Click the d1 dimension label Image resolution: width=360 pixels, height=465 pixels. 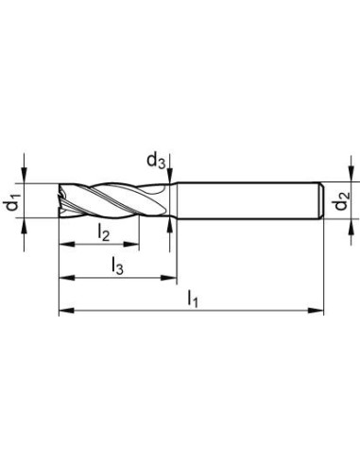[12, 201]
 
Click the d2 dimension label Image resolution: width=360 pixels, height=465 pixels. [342, 201]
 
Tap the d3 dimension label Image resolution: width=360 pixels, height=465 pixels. [156, 161]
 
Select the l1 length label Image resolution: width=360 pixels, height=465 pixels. [193, 299]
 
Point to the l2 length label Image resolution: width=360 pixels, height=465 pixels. [104, 233]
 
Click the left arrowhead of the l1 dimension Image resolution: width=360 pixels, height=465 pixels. [66, 311]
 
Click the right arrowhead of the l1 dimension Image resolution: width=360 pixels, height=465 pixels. [316, 311]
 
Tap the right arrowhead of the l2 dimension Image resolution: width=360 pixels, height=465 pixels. [131, 244]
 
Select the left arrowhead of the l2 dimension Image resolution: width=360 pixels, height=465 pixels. [66, 244]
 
